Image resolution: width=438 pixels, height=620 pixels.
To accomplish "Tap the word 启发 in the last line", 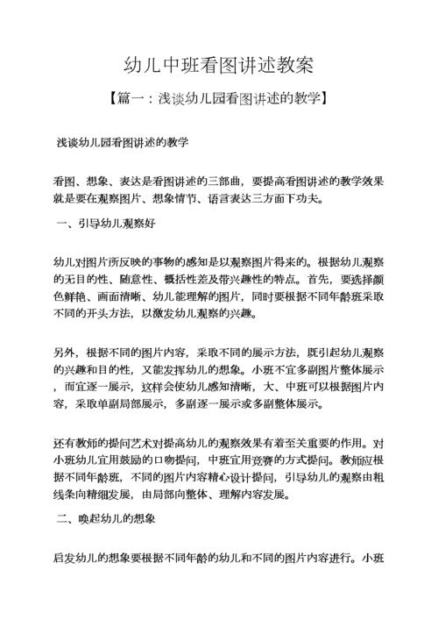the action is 64,557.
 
